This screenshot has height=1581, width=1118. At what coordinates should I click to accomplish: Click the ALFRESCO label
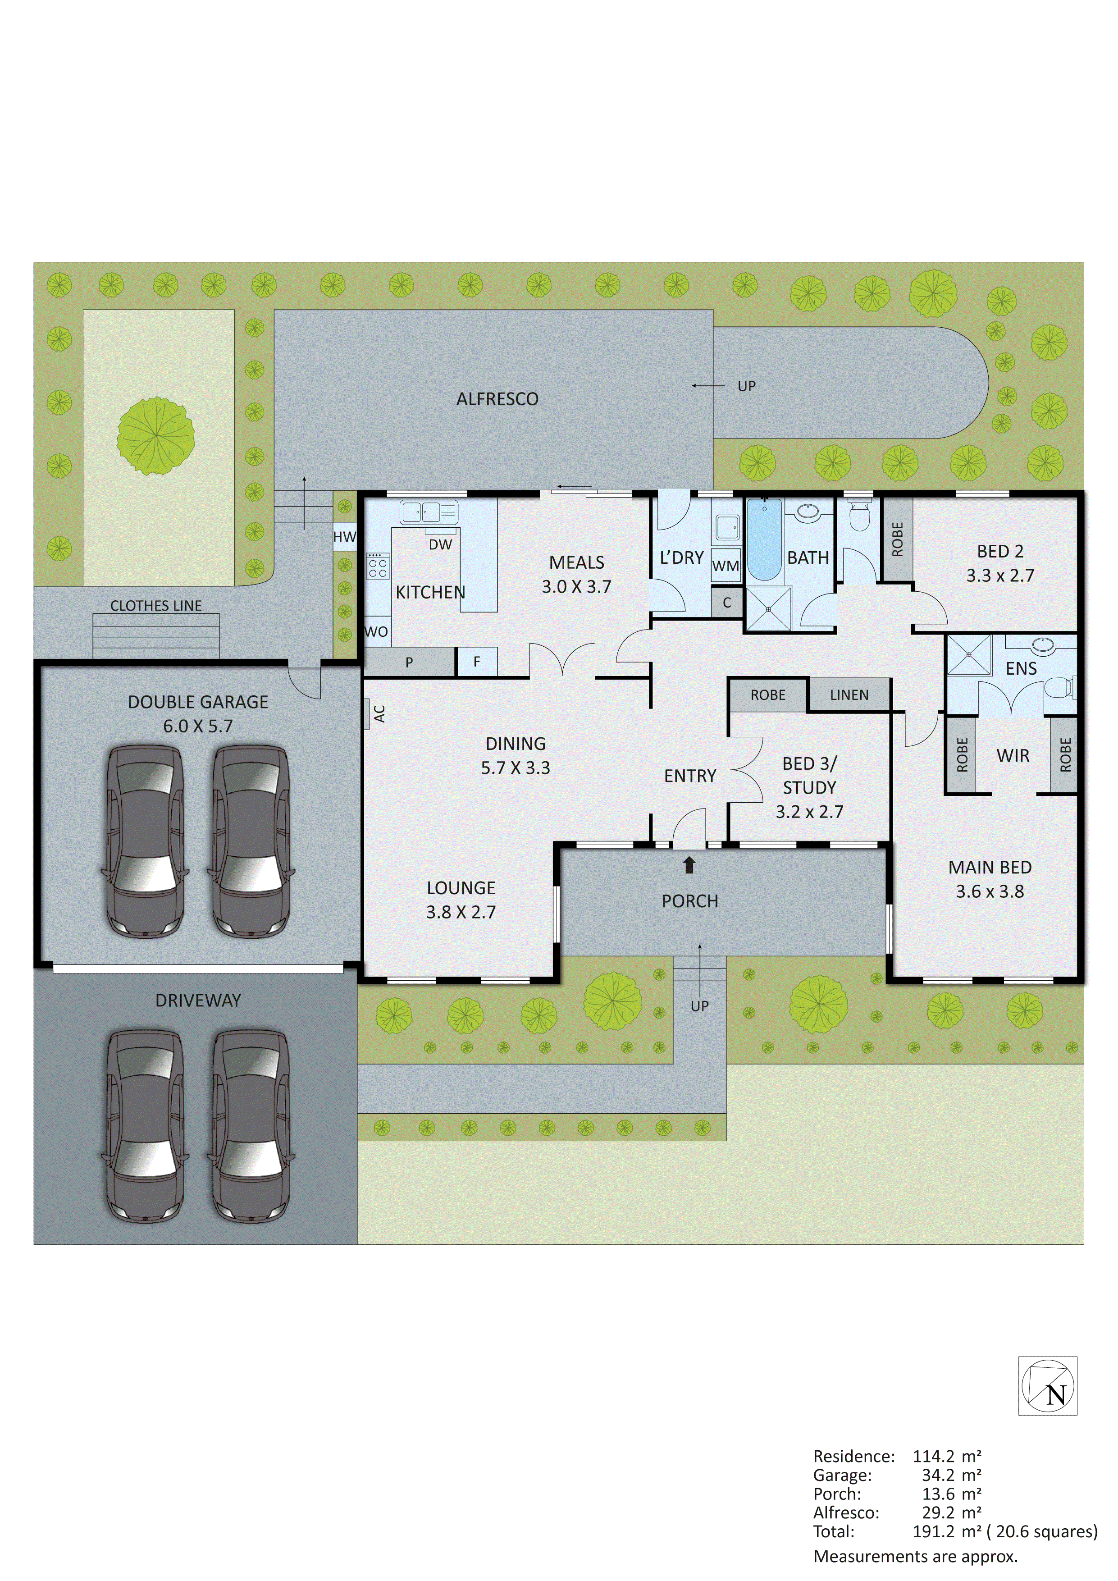pyautogui.click(x=497, y=399)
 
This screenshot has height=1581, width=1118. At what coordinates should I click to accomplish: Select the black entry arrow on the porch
pyautogui.click(x=689, y=865)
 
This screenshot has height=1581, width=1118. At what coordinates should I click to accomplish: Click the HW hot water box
pyautogui.click(x=344, y=536)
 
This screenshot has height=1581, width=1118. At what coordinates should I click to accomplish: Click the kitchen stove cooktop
pyautogui.click(x=377, y=566)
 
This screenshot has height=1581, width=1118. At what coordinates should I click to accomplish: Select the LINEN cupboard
pyautogui.click(x=849, y=695)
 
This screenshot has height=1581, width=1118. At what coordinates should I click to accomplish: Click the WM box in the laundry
pyautogui.click(x=726, y=566)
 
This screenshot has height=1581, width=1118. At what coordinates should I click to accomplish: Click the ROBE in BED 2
pyautogui.click(x=897, y=539)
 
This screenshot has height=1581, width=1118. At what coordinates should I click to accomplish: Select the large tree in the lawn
pyautogui.click(x=155, y=437)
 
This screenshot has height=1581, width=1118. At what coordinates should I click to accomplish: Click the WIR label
pyautogui.click(x=1013, y=755)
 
